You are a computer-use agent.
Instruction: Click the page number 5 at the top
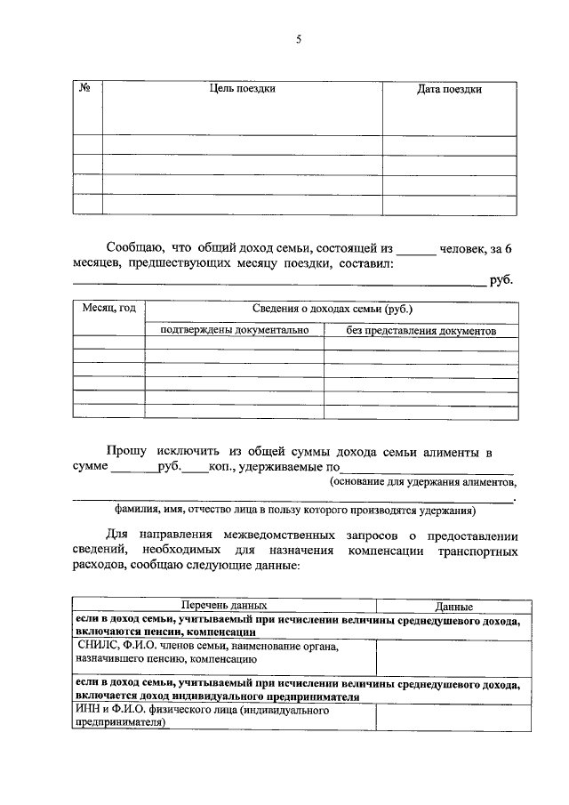tap(300, 38)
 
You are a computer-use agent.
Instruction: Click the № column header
tap(87, 89)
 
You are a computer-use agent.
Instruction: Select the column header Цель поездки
tap(243, 89)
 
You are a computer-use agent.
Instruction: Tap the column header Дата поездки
tap(449, 90)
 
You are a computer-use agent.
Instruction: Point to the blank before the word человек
tap(416, 250)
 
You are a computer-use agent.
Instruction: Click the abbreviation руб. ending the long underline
tap(501, 281)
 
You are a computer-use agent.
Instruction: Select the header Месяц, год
tap(109, 309)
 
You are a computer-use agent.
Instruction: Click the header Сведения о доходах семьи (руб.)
tap(331, 310)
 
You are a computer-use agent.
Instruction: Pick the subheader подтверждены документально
tap(235, 330)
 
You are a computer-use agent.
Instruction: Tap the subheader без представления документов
tap(421, 331)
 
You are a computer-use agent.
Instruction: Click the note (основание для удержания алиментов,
tap(422, 481)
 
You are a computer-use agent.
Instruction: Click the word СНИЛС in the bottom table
tap(95, 647)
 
